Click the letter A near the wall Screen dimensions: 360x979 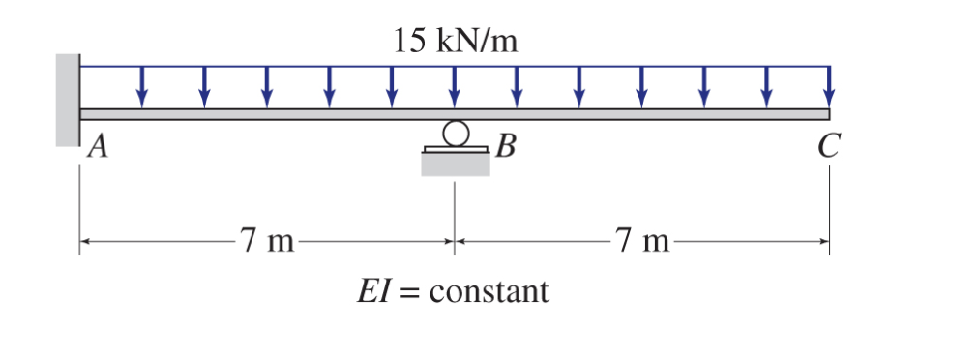click(x=96, y=148)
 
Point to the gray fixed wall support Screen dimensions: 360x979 click(x=67, y=99)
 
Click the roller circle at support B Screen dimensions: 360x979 click(x=455, y=131)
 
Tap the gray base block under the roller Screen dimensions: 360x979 click(x=455, y=165)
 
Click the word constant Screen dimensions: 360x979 click(x=489, y=290)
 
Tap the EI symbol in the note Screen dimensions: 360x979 click(x=371, y=290)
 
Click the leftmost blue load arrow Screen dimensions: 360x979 click(x=142, y=87)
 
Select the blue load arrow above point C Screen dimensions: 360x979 click(x=828, y=87)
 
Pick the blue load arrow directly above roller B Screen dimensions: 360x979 click(x=455, y=87)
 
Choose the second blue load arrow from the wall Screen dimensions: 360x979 click(x=204, y=87)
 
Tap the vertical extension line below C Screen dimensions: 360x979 click(x=829, y=208)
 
